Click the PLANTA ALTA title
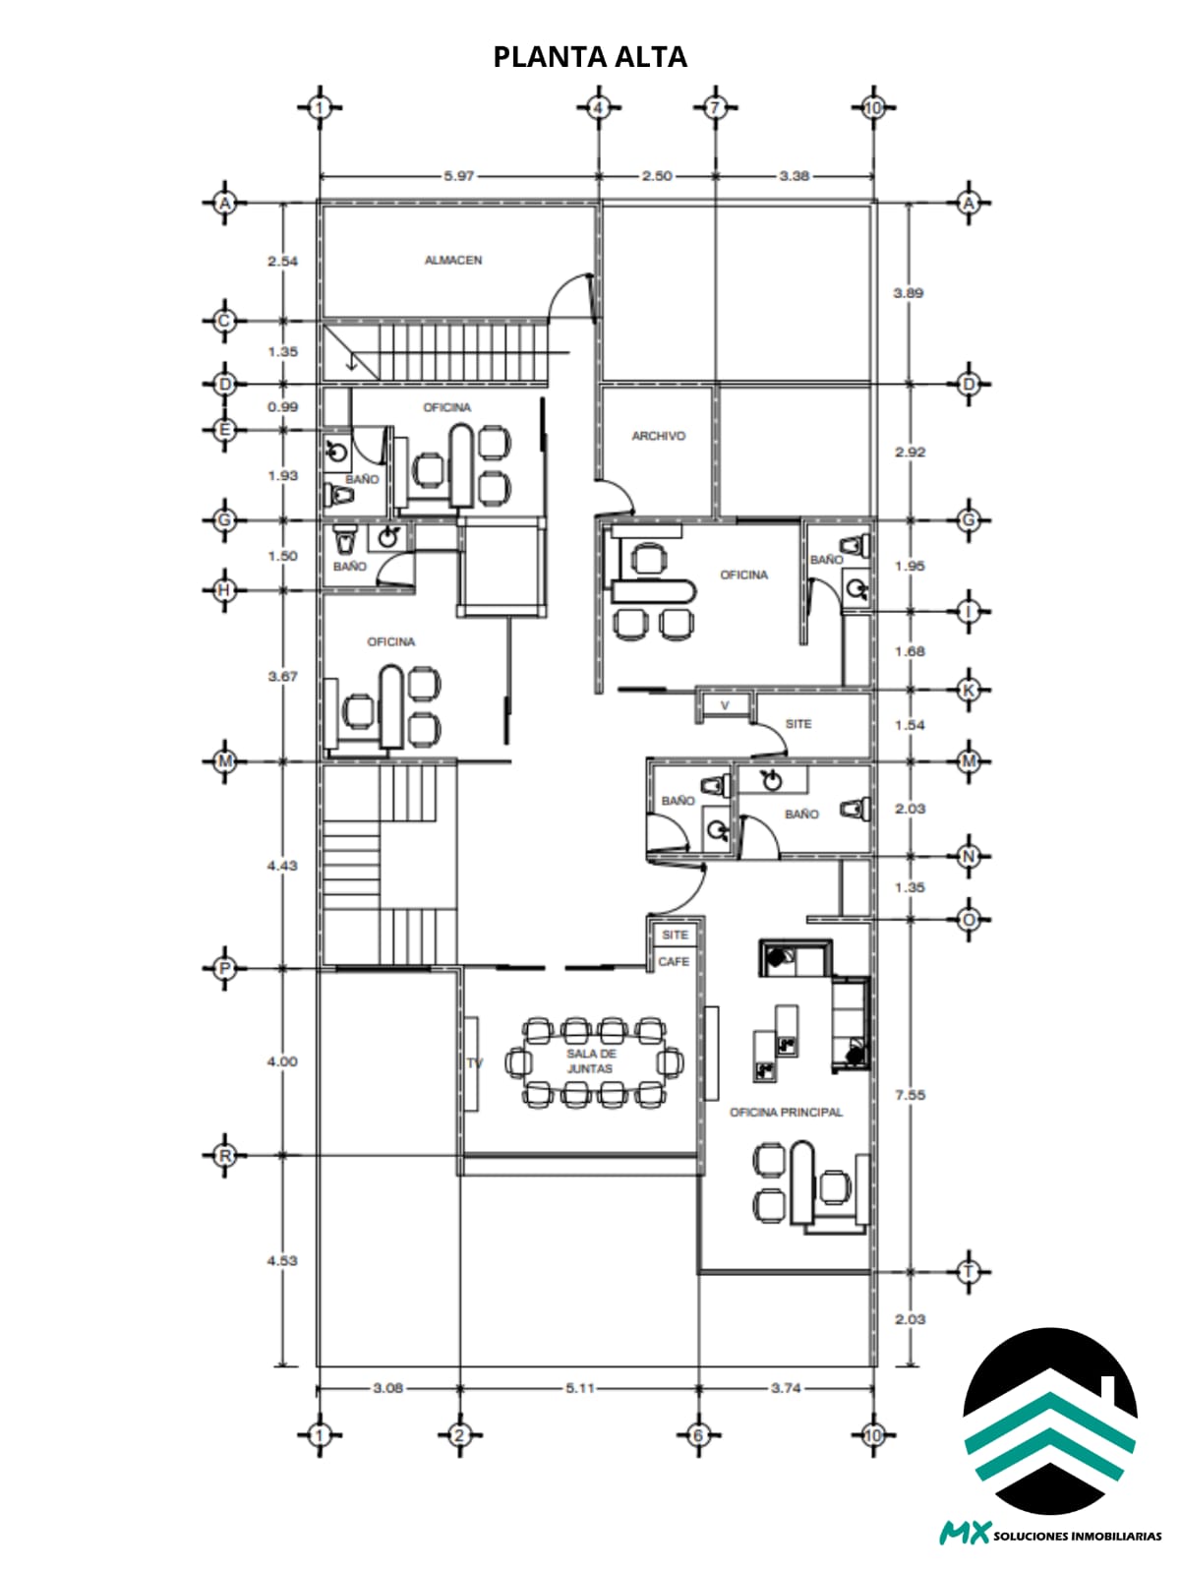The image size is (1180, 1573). click(x=590, y=57)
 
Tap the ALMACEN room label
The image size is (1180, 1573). click(x=453, y=260)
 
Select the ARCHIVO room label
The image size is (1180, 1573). click(x=658, y=436)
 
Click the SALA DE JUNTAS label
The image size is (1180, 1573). click(x=591, y=1061)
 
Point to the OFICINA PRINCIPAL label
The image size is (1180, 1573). click(x=787, y=1113)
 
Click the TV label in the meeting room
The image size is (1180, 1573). click(x=474, y=1062)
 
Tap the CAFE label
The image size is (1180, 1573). click(x=673, y=962)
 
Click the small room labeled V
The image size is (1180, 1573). click(x=725, y=706)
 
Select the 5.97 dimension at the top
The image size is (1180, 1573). click(x=458, y=176)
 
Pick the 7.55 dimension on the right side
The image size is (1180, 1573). click(x=910, y=1095)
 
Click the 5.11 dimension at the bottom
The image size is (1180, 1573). click(x=580, y=1388)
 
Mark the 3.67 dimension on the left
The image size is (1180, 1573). click(x=283, y=676)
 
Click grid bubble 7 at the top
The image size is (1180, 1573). click(x=715, y=108)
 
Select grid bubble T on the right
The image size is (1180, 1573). click(x=969, y=1272)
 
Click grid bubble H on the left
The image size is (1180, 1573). click(x=225, y=590)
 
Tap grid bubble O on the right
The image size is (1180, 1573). click(x=969, y=920)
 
